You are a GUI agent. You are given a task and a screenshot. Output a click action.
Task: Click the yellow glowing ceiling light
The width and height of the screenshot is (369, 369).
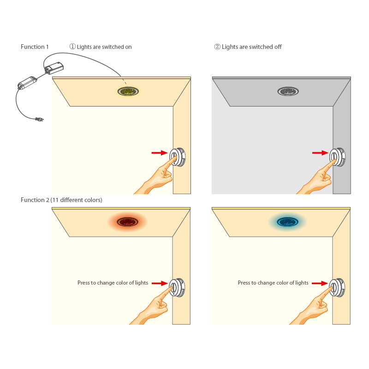[129, 91]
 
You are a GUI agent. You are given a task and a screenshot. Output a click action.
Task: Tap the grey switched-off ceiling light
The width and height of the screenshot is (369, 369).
[289, 91]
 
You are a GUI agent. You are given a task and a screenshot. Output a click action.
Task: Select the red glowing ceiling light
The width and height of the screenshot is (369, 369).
[127, 222]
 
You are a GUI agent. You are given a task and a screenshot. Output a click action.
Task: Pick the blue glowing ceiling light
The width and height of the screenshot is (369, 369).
[286, 222]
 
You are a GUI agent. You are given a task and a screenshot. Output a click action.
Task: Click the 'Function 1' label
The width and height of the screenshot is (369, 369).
[35, 47]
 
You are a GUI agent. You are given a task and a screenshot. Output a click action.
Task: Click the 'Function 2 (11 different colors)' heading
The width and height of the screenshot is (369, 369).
[61, 200]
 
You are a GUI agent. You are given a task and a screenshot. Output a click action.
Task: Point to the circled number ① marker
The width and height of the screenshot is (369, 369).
[72, 47]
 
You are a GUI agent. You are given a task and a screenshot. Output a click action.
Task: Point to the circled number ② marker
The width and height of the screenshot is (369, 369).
[217, 47]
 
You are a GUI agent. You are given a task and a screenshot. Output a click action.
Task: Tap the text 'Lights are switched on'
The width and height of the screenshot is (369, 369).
[104, 47]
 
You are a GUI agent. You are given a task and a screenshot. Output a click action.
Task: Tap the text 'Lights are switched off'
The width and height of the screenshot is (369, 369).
[252, 47]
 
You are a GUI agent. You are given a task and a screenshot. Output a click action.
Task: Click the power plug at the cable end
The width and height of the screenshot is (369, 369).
[39, 120]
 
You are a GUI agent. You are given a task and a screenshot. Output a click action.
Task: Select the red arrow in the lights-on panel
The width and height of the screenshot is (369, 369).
[160, 152]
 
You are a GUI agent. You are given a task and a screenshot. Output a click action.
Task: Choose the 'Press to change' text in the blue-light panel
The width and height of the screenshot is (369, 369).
[273, 283]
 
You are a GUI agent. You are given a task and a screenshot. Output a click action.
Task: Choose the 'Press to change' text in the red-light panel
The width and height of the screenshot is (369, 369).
[113, 283]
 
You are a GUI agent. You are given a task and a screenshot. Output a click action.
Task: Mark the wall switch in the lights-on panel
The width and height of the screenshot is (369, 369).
[178, 157]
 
